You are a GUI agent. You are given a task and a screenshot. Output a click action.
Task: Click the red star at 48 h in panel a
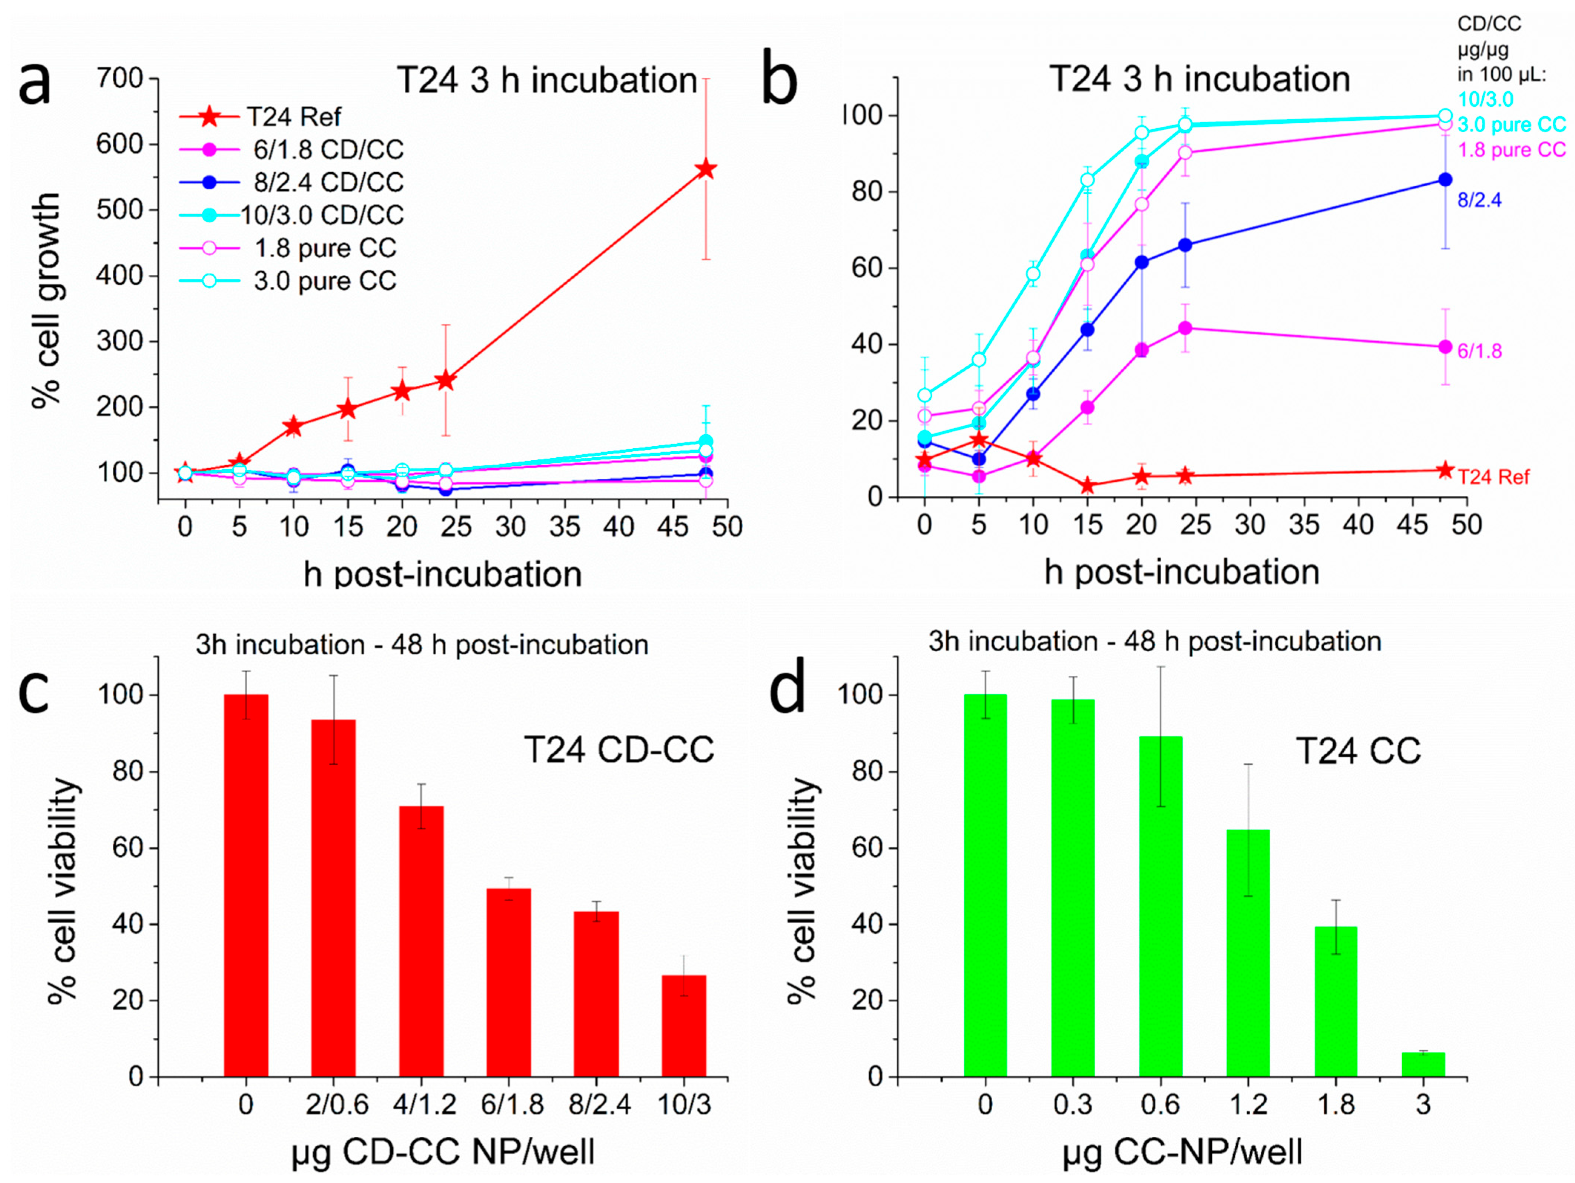click(706, 169)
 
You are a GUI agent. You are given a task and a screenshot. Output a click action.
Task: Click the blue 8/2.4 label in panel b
click(1479, 200)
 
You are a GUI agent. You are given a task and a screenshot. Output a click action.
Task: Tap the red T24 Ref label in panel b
click(1493, 477)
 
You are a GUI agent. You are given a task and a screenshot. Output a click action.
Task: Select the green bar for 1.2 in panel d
click(1248, 953)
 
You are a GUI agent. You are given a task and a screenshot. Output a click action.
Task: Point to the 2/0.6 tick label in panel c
click(337, 1105)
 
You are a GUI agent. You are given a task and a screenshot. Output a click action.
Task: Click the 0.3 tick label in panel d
click(1072, 1105)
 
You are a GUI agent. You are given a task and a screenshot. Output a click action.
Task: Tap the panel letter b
click(780, 83)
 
